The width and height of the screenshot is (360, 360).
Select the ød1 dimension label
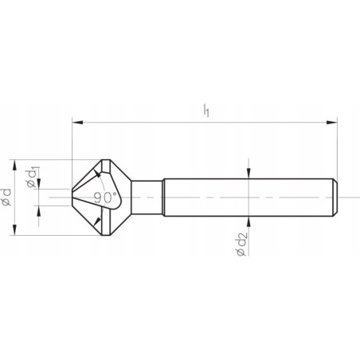click(31, 177)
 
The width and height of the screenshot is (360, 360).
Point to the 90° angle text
click(104, 197)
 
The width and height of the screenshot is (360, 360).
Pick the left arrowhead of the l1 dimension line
click(76, 122)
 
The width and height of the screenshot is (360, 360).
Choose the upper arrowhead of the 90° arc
click(98, 174)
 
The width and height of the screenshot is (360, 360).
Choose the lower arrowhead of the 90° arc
click(97, 219)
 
